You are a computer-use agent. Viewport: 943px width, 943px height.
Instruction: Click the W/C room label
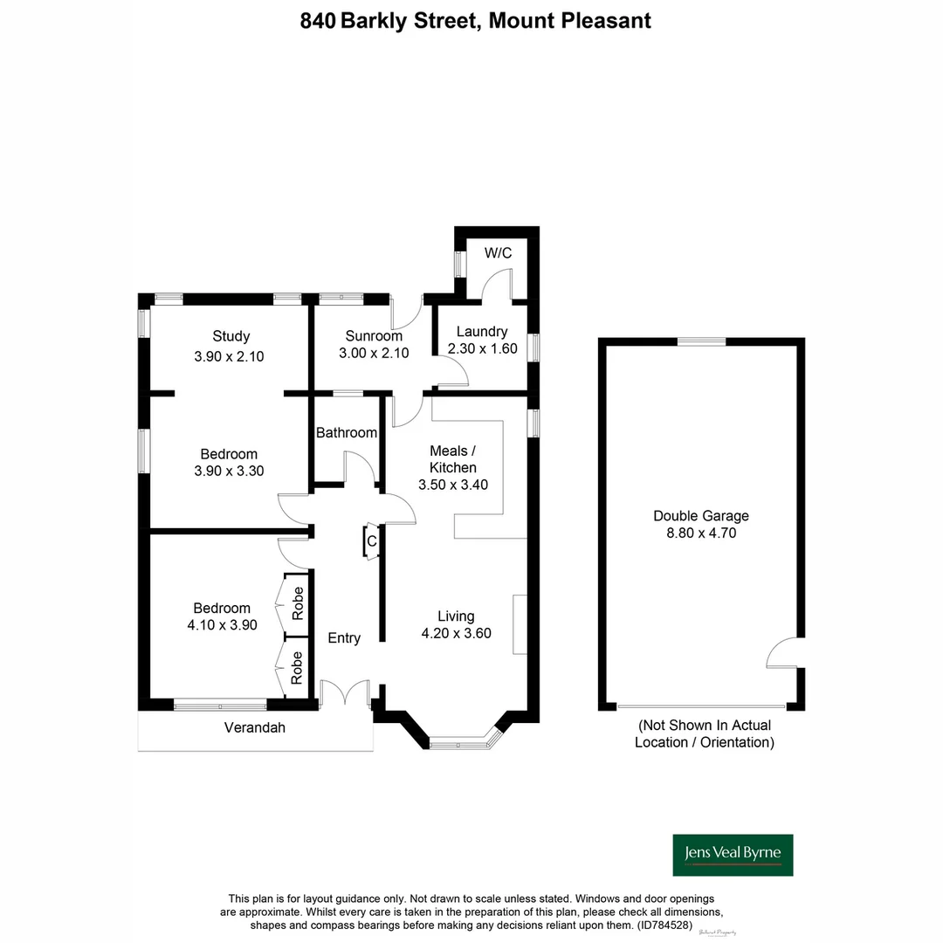[499, 253]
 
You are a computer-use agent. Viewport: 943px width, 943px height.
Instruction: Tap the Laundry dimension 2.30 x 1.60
[482, 348]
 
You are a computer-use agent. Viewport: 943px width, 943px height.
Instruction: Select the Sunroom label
[374, 336]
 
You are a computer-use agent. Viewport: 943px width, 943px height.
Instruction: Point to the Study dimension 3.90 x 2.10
[229, 356]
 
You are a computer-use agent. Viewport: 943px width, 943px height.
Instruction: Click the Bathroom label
[347, 432]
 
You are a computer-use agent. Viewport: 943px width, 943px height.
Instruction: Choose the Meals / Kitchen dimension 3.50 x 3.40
[447, 485]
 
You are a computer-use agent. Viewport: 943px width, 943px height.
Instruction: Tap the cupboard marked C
[371, 541]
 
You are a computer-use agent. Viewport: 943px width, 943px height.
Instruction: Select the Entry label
[344, 638]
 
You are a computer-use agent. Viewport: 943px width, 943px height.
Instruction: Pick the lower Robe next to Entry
[297, 667]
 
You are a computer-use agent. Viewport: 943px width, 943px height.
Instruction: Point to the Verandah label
[255, 727]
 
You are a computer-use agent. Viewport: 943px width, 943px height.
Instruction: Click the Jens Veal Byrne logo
[733, 854]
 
